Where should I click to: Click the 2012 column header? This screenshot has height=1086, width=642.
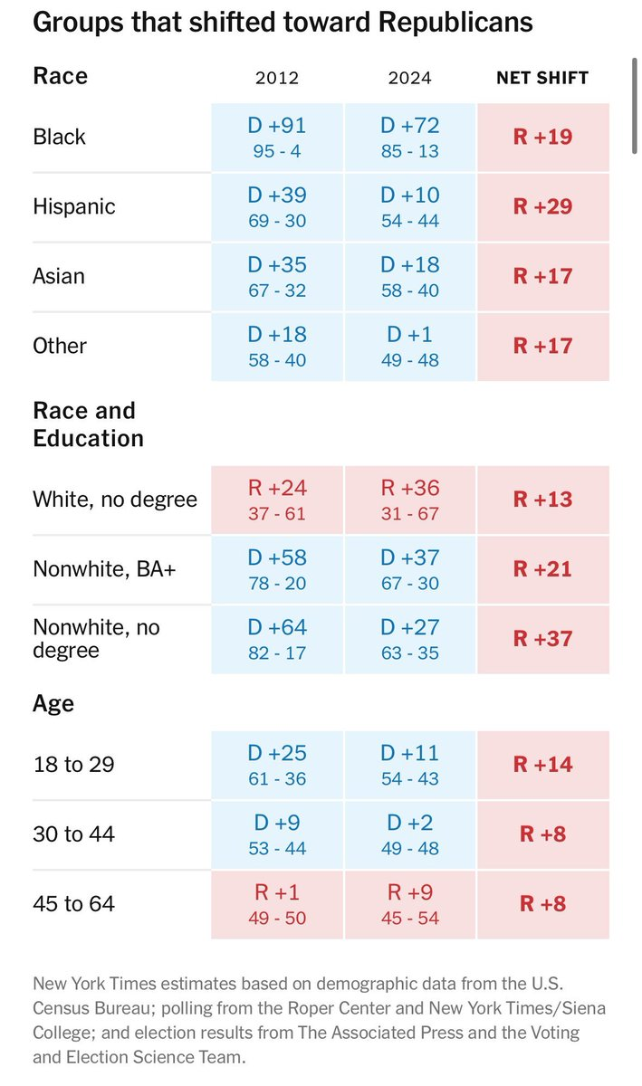point(277,78)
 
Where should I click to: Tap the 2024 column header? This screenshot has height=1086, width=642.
point(409,78)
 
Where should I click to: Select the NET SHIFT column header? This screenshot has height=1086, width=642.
point(542,78)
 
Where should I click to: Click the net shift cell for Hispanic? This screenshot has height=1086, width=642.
point(542,206)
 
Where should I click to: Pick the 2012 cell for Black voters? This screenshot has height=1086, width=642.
point(277,137)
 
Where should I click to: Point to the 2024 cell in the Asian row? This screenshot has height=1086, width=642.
point(409,276)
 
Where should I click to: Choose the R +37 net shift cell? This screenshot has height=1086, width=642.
point(542,639)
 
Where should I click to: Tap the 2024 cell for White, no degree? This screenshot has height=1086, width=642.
point(409,500)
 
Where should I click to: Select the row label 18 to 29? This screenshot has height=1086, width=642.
point(73,765)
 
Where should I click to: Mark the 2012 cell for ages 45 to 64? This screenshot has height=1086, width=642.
point(277,904)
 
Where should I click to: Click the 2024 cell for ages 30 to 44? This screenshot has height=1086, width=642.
point(409,834)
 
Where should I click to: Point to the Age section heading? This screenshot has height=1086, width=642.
point(53,703)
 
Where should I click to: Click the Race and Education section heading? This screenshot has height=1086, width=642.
point(88,424)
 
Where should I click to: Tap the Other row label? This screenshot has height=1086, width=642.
point(60,346)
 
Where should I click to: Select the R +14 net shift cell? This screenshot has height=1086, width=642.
point(542,765)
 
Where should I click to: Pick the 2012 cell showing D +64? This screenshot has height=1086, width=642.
point(277,639)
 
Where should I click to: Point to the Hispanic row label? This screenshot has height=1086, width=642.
point(74,206)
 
